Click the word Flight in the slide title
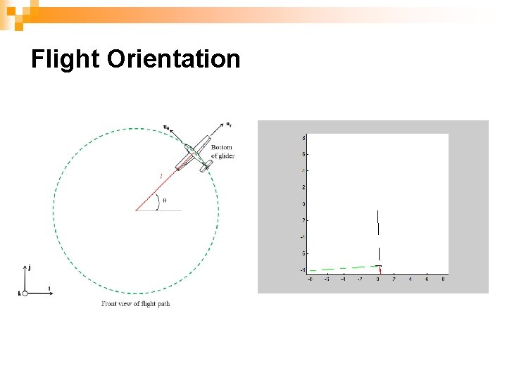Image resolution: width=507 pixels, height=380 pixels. (x=66, y=59)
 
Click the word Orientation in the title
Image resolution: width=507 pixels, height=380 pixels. (x=174, y=59)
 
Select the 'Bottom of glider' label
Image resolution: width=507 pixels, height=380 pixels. (x=223, y=151)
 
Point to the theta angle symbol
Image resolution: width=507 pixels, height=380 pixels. (x=164, y=201)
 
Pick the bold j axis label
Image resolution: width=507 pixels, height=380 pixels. (x=29, y=267)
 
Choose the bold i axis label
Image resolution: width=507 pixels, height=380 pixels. (x=49, y=288)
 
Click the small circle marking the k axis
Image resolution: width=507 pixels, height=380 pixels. (x=25, y=293)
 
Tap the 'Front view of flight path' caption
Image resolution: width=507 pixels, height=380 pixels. (x=135, y=304)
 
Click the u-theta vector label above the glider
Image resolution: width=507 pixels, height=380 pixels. (x=166, y=127)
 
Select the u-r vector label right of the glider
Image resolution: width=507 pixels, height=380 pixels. (x=229, y=125)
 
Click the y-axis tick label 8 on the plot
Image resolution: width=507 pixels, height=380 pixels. (x=303, y=137)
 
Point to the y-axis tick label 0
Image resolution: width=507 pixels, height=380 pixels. (x=303, y=204)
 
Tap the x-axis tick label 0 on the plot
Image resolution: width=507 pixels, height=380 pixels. (x=378, y=279)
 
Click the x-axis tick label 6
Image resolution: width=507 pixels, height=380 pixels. (x=427, y=279)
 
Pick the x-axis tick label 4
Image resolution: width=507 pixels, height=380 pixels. (x=411, y=279)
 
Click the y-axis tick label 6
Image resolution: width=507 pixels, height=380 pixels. (x=303, y=154)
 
